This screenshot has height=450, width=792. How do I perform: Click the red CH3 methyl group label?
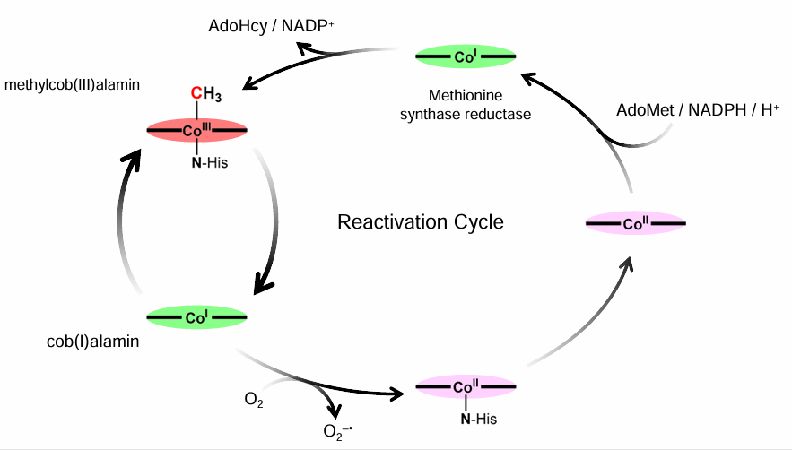coord(205,92)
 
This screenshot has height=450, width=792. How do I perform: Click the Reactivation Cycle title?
coord(420,221)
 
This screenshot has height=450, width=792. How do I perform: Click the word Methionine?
coord(465,95)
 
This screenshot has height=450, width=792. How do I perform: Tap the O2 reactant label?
coord(254,398)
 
